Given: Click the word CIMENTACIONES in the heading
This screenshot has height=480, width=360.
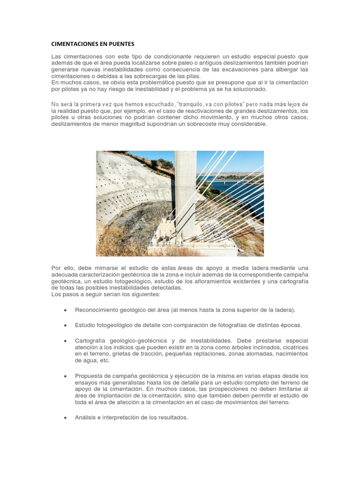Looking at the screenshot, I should pos(75,44).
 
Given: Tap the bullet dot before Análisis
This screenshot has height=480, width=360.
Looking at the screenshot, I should pos(65,418).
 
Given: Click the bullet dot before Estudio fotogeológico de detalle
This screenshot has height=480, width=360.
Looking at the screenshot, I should pos(65,325).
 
